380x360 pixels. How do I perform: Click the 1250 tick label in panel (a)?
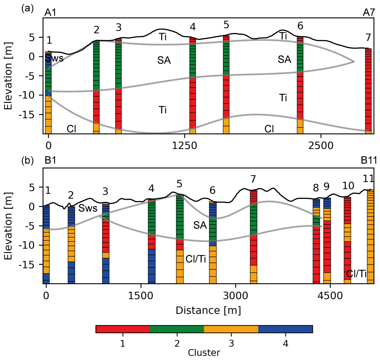coord(184,146)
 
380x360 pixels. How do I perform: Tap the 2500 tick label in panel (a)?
coord(321,146)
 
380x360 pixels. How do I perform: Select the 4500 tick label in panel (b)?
coord(330,296)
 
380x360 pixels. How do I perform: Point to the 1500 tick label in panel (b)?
coord(140,296)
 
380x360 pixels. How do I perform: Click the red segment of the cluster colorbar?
coord(123,329)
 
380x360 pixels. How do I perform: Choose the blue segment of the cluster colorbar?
coord(285,329)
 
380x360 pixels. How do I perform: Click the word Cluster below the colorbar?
coord(204,353)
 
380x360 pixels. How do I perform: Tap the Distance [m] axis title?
coord(208,310)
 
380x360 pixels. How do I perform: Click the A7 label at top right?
coord(369,12)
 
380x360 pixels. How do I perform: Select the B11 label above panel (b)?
coord(369,160)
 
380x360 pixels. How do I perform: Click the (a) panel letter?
coord(28,8)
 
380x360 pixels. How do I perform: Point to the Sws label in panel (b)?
coord(88,209)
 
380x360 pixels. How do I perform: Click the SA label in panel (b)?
coord(200,225)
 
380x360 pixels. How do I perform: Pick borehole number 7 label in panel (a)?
coord(368,37)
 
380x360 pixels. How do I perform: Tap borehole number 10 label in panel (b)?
coord(348,186)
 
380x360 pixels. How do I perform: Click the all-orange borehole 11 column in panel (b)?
coord(370,237)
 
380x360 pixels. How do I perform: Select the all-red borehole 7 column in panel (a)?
coord(368,90)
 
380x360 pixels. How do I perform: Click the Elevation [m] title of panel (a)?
coord(8,76)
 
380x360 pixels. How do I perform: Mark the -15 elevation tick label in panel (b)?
coord(27,264)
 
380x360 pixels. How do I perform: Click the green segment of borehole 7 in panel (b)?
coord(253,218)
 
